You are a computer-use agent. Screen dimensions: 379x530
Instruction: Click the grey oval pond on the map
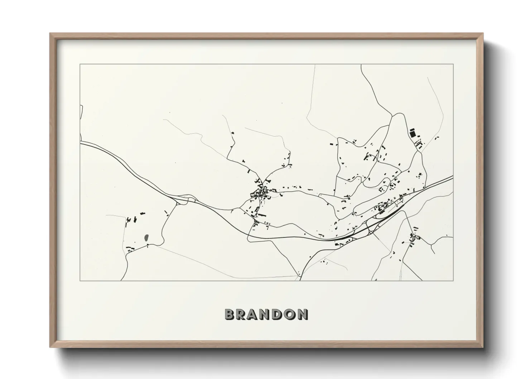(x=146, y=237)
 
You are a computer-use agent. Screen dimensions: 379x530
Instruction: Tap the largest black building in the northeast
(x=413, y=134)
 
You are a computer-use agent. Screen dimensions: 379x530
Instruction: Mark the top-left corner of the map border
(x=80, y=64)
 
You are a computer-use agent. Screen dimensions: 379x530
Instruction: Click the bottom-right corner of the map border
(x=453, y=280)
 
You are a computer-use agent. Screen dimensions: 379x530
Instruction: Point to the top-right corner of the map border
(x=453, y=64)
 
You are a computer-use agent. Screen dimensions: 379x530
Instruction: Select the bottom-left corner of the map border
(x=80, y=280)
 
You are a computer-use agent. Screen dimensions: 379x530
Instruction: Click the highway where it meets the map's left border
(x=81, y=142)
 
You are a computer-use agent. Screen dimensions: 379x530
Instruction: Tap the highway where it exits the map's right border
(x=453, y=177)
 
